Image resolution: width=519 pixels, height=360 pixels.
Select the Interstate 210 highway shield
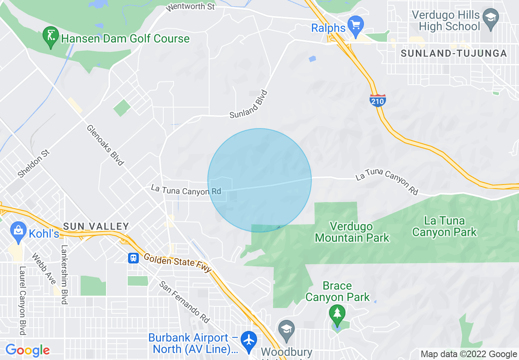377,100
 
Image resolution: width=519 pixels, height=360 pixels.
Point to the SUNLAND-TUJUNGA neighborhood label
454,54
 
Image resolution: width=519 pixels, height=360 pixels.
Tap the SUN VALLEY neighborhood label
96,226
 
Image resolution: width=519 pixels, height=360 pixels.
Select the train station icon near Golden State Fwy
133,258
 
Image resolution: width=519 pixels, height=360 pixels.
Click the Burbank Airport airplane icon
248,339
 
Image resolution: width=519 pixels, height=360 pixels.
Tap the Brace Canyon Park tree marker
337,314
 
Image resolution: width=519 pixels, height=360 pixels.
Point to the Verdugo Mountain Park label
352,232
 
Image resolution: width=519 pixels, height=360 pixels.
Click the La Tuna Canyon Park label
444,227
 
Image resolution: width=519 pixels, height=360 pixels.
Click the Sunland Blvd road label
249,105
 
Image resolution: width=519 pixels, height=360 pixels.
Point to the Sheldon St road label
34,164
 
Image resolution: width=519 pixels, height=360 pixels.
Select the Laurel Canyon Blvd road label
22,301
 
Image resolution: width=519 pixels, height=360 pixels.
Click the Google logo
27,351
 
